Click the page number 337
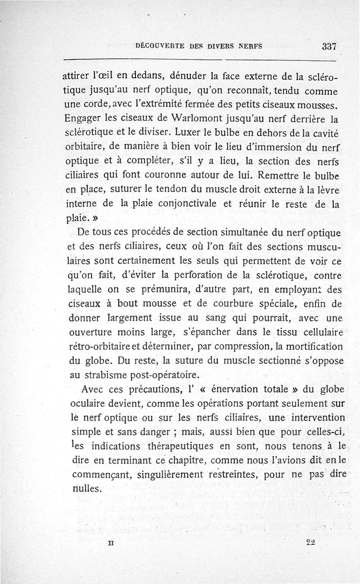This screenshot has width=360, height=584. [x=329, y=46]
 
